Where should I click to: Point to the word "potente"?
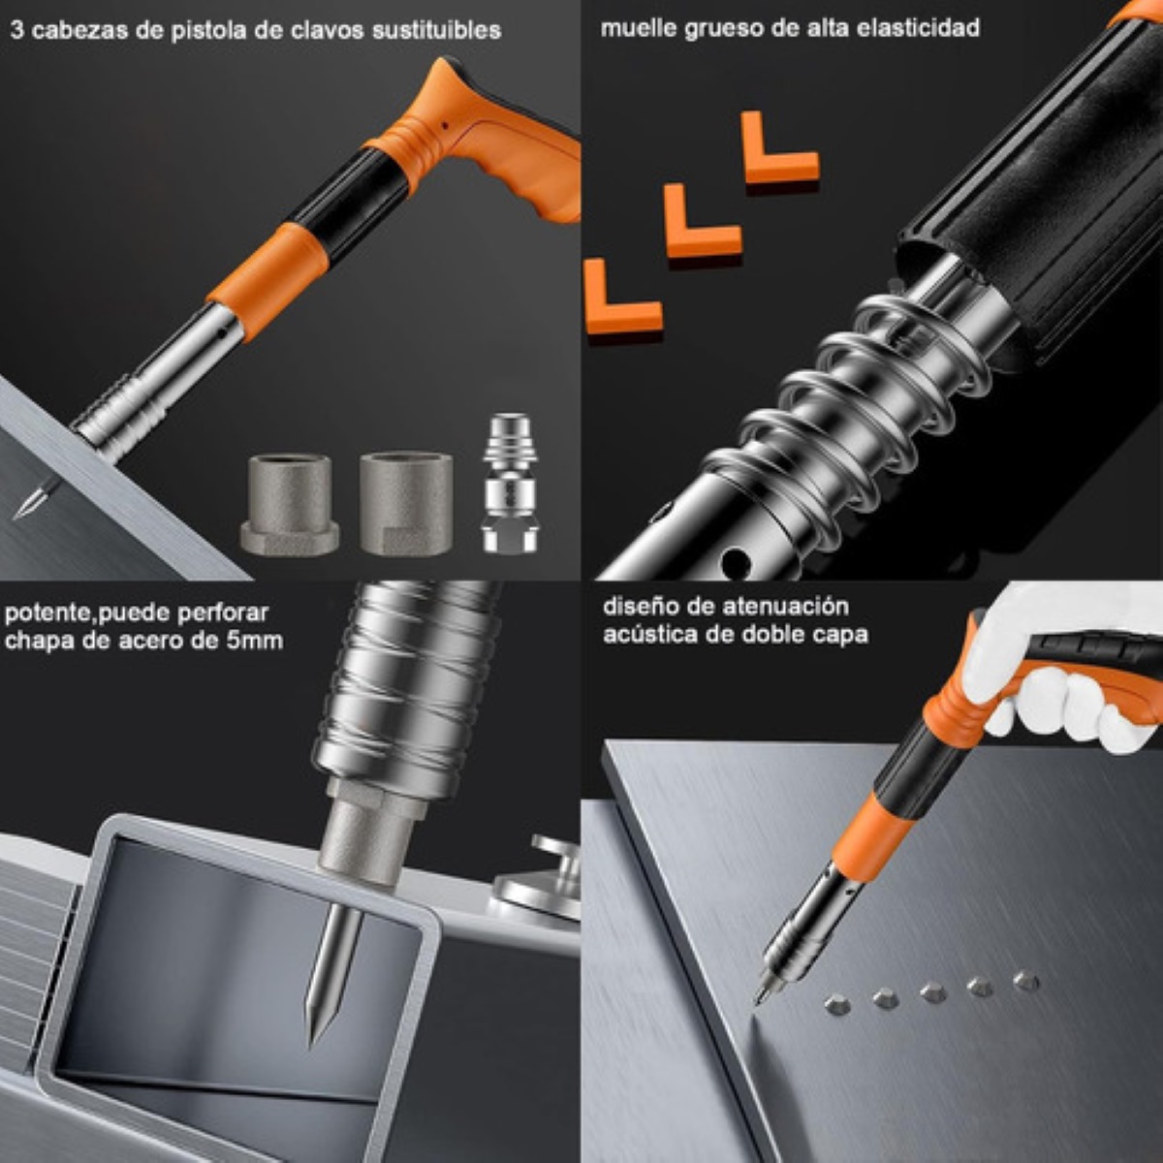pyautogui.click(x=42, y=613)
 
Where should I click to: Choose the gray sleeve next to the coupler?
pyautogui.click(x=405, y=502)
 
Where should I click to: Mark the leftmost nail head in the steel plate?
pyautogui.click(x=837, y=1005)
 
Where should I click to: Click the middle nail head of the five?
pyautogui.click(x=932, y=992)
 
